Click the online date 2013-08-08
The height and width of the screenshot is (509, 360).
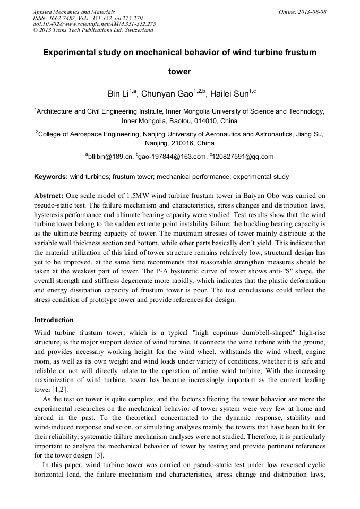[313, 12]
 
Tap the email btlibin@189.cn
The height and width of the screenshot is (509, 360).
[109, 157]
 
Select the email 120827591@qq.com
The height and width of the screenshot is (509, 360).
[243, 157]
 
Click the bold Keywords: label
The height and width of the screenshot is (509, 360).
[51, 176]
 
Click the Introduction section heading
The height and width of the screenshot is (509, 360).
[54, 320]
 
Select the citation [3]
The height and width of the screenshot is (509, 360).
[99, 455]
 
